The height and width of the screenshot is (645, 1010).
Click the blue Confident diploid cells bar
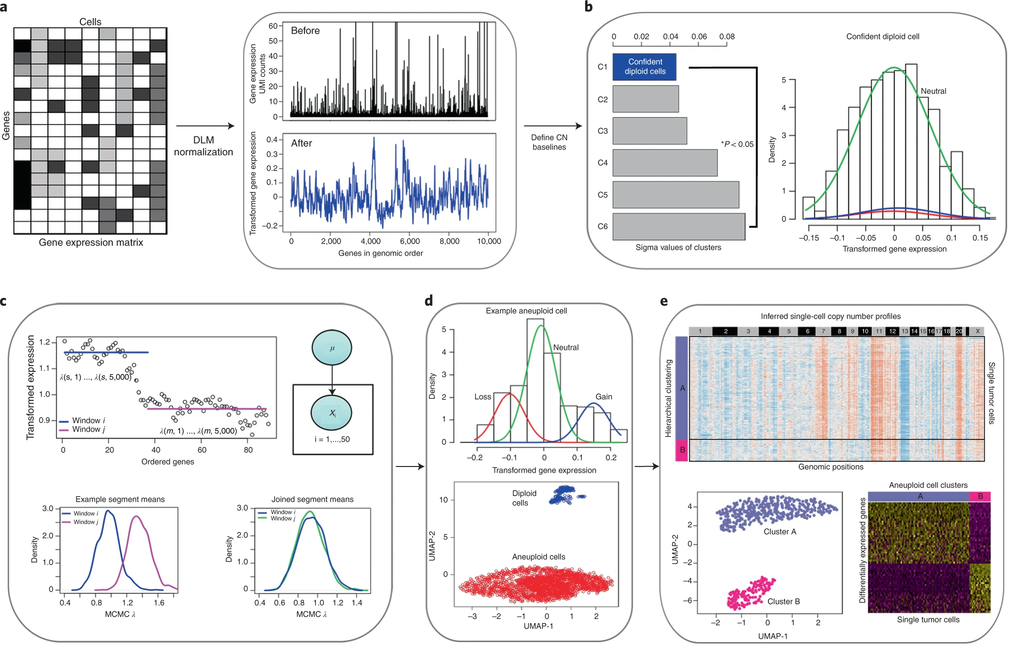point(644,67)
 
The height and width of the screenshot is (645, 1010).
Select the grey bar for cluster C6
point(678,227)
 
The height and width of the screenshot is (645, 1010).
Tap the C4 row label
point(602,163)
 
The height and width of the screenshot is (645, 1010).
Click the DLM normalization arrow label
point(203,146)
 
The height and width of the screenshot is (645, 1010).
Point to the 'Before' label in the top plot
point(305,31)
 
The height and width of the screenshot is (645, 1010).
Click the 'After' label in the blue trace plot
point(301,143)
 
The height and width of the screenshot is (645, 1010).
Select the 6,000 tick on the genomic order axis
point(410,241)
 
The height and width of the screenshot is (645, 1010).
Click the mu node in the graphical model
point(332,348)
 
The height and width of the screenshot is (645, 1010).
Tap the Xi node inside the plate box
point(332,413)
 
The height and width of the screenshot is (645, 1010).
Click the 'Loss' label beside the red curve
point(482,397)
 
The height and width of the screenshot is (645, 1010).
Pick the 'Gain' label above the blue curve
point(604,397)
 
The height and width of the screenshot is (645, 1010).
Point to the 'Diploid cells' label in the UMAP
point(524,498)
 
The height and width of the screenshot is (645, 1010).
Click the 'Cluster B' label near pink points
point(783,602)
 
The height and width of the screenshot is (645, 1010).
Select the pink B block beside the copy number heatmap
point(682,450)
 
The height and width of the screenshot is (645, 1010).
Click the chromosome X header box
point(977,331)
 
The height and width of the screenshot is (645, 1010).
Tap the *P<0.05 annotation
point(737,144)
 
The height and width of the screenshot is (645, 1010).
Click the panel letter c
point(4,301)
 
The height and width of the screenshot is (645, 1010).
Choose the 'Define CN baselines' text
point(549,142)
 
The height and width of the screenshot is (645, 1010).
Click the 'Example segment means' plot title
point(120,499)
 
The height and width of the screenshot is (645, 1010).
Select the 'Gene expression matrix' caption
point(91,243)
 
